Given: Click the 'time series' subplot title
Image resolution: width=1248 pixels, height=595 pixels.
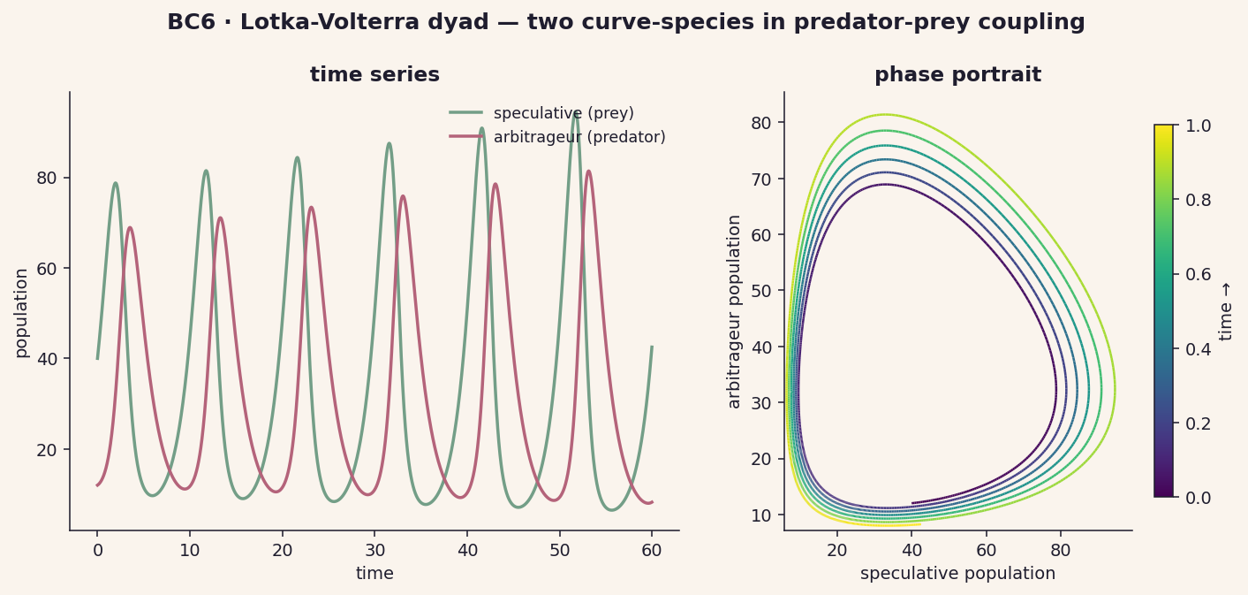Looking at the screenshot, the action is (375, 75).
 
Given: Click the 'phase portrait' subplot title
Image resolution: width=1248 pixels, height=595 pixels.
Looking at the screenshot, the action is (957, 75).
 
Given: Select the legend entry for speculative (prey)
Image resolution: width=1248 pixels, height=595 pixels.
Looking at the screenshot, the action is (541, 113).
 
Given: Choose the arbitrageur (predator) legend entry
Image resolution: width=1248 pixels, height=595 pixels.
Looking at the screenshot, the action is (557, 137).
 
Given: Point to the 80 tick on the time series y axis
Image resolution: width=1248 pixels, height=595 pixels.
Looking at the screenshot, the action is (47, 178).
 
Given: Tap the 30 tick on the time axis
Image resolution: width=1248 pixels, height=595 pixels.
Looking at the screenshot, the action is (375, 551).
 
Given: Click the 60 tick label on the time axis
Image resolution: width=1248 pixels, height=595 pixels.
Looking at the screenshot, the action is (652, 551).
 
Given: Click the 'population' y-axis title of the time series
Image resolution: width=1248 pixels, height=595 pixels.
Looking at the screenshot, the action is (21, 313).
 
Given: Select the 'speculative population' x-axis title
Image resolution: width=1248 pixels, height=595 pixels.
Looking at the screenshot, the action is (957, 574).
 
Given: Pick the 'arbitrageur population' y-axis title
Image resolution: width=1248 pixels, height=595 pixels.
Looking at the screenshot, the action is (734, 312).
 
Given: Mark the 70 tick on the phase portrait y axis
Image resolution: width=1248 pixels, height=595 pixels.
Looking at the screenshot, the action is (761, 179).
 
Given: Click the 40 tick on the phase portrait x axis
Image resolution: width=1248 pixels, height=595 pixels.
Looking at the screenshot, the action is (911, 551).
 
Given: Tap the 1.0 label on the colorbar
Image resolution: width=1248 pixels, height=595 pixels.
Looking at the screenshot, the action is (1198, 126).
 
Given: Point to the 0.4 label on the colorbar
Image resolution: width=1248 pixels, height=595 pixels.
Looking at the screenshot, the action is (1198, 349).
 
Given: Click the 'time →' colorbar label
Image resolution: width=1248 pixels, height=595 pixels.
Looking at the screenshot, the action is (1225, 312).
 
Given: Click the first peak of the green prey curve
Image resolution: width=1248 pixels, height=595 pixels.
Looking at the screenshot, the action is (116, 183).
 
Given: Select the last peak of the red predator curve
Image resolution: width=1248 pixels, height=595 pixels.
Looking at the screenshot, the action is (588, 172).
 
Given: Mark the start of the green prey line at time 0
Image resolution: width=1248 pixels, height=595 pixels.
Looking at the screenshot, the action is (97, 359).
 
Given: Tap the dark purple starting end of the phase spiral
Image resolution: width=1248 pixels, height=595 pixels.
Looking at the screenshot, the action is (912, 503).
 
